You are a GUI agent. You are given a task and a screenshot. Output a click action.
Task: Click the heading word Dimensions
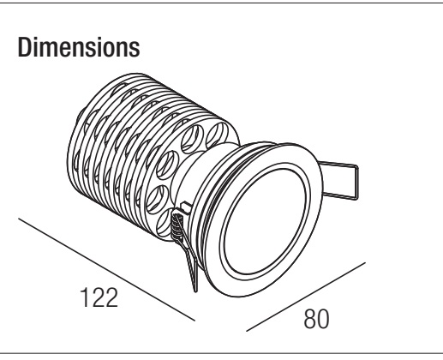[79, 47]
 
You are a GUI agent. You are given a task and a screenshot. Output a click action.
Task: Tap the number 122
[99, 297]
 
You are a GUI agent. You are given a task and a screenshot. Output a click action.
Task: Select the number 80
[316, 319]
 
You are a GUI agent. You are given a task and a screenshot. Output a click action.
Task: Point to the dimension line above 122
[106, 269]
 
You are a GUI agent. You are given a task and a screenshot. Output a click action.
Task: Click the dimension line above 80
[306, 297]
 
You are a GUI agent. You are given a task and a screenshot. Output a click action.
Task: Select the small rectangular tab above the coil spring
[186, 207]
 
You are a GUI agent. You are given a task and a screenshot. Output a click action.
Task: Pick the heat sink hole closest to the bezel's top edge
[218, 135]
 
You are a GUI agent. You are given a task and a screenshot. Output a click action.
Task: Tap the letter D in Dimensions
[24, 47]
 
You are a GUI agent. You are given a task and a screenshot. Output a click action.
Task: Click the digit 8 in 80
[310, 319]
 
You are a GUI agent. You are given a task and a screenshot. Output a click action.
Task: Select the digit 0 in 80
[323, 319]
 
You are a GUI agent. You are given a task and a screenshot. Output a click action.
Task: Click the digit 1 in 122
[85, 297]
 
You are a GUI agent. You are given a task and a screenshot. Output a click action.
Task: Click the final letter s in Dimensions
[135, 50]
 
